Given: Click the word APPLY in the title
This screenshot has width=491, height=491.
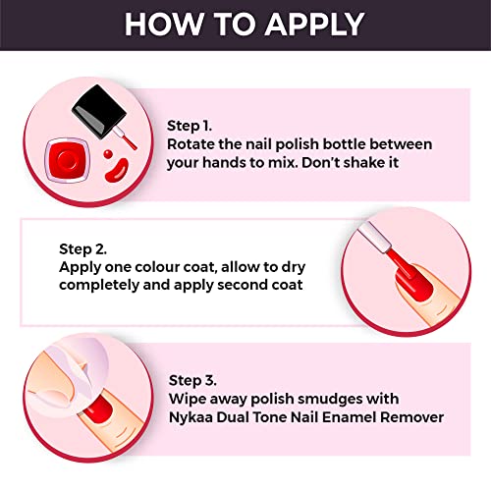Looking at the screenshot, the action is coord(314,25).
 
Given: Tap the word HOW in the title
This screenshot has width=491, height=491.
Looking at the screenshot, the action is coord(164,25).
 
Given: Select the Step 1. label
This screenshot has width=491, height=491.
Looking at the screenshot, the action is coord(190,127).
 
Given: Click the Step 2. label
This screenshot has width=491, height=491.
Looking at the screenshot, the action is coord(82,249).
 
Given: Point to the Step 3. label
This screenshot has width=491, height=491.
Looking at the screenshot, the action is coord(192,381).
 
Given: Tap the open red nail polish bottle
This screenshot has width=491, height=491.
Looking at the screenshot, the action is coord(68,160).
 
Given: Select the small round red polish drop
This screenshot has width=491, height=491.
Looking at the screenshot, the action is coord(108,153).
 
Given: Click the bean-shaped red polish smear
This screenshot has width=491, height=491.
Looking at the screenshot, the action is coord(117,170).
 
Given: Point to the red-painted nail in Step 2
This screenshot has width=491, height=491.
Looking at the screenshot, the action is coord(414,283).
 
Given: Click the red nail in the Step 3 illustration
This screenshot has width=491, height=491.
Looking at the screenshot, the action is coord(97,409).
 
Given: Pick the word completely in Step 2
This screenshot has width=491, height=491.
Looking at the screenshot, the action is coord(99,286).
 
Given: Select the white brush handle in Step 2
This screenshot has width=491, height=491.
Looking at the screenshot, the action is coord(375,237).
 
